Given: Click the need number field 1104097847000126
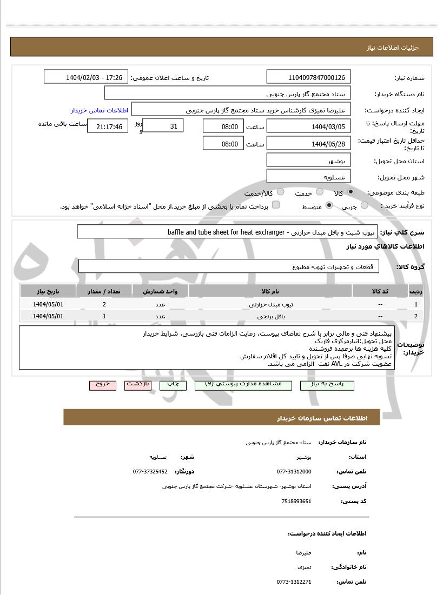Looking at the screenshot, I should tap(309, 77).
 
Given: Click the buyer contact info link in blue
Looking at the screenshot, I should tap(100, 110).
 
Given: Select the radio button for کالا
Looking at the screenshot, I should tap(351, 192).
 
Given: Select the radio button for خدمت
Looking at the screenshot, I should tap(320, 192).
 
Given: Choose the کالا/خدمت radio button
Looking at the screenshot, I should tap(280, 192).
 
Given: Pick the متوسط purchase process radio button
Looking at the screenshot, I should tap(329, 206).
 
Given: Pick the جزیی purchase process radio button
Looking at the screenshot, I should tap(365, 206).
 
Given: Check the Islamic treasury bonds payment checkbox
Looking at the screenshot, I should tap(276, 205).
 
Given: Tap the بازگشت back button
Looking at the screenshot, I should tap(137, 384).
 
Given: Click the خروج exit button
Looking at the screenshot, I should tap(103, 384).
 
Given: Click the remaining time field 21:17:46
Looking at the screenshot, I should tap(108, 126).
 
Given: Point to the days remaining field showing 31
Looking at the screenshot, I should tap(163, 126).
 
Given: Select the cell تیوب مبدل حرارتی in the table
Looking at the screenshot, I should tap(270, 304).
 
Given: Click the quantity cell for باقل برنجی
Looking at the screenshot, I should tap(104, 316).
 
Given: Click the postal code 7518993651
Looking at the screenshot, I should tap(296, 501).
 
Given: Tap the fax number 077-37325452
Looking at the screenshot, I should tap(150, 471).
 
